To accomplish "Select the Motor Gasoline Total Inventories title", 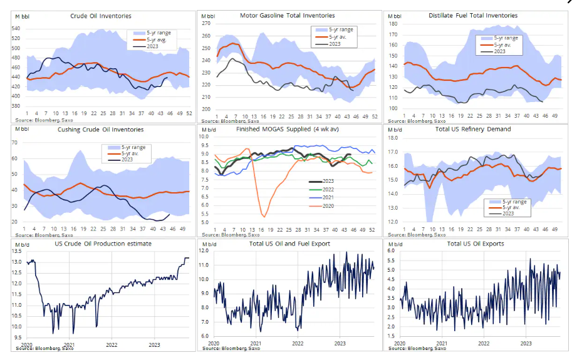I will click(x=288, y=15).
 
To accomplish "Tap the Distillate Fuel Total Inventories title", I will click(x=472, y=15).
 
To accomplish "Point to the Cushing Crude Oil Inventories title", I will click(x=100, y=130).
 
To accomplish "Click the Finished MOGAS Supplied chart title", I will click(x=288, y=129).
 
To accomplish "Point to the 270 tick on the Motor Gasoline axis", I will click(x=205, y=23).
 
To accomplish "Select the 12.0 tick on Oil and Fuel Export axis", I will click(x=205, y=251).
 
